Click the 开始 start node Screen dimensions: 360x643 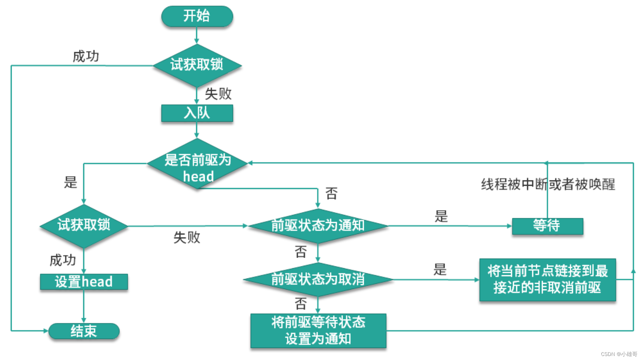click(x=197, y=16)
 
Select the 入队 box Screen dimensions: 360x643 click(x=197, y=113)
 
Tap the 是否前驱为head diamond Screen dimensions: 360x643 click(x=197, y=164)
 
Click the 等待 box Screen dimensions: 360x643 click(x=547, y=226)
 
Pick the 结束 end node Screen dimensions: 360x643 click(x=84, y=331)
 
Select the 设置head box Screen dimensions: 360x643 click(x=84, y=282)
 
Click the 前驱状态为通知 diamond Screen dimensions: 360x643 click(x=317, y=226)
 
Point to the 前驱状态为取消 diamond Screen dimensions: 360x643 click(x=317, y=279)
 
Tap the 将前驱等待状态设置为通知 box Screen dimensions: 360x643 click(x=318, y=330)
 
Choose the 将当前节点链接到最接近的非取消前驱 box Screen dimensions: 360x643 click(x=547, y=279)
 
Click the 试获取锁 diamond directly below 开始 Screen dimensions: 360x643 click(x=197, y=65)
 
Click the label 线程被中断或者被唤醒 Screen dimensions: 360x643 click(x=548, y=184)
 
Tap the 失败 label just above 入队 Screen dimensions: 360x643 click(x=218, y=94)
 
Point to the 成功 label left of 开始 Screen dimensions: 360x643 click(x=86, y=56)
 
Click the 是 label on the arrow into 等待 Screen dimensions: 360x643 click(x=441, y=216)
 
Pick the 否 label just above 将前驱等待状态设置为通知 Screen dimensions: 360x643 click(x=301, y=304)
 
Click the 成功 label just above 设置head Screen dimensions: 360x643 click(x=63, y=260)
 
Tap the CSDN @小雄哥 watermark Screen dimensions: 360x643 click(x=619, y=354)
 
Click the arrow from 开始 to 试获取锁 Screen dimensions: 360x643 click(x=197, y=35)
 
